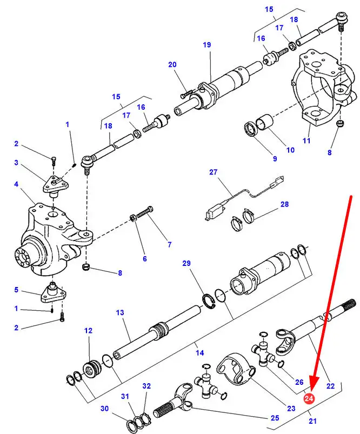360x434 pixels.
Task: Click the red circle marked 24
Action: point(309,399)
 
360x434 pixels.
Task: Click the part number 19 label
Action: point(207,45)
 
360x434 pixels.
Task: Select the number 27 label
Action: point(213,172)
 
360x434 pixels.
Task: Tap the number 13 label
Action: point(120,312)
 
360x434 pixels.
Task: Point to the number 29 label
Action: point(186,263)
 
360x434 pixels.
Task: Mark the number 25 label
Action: point(275,418)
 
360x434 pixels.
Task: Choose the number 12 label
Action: point(88,330)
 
